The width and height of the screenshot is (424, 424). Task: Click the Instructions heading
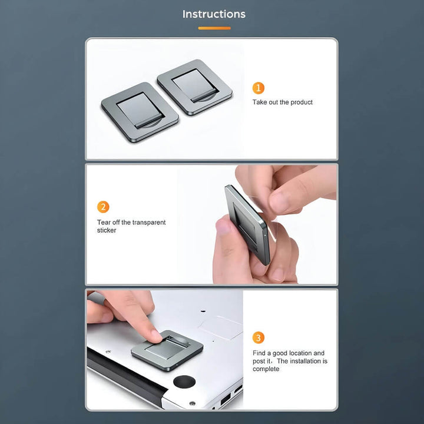(x=214, y=14)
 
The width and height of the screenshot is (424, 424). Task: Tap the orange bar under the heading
(x=214, y=28)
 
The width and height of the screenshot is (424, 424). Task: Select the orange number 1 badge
(x=259, y=88)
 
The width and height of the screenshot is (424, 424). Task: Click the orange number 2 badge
(x=103, y=207)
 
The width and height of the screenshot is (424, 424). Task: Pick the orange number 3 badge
(x=259, y=338)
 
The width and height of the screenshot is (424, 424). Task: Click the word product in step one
(x=302, y=102)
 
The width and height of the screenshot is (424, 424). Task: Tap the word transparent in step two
(x=149, y=223)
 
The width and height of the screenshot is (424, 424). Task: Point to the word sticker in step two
(x=107, y=230)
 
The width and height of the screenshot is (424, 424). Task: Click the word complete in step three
(x=266, y=369)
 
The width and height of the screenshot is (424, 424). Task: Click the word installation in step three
(x=304, y=361)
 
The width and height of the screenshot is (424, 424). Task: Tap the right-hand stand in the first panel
(x=195, y=87)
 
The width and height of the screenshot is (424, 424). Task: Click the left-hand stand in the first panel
(x=140, y=112)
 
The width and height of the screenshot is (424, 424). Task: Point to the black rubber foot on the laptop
(x=184, y=382)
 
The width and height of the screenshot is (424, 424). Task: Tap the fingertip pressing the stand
(x=156, y=336)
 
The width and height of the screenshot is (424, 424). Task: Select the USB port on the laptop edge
(x=226, y=399)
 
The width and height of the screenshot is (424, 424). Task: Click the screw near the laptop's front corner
(x=192, y=404)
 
